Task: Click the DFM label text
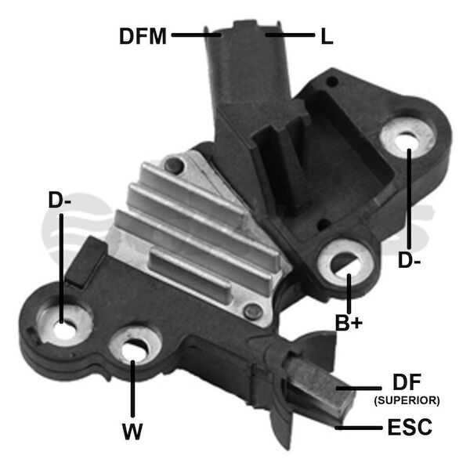click(143, 36)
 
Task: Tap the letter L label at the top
click(327, 36)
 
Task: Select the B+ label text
click(349, 323)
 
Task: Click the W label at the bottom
click(132, 432)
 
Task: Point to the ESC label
click(410, 427)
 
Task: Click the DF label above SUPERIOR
click(407, 382)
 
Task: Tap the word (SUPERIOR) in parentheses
click(407, 400)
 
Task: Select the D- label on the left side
click(60, 201)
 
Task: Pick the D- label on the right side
click(409, 260)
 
